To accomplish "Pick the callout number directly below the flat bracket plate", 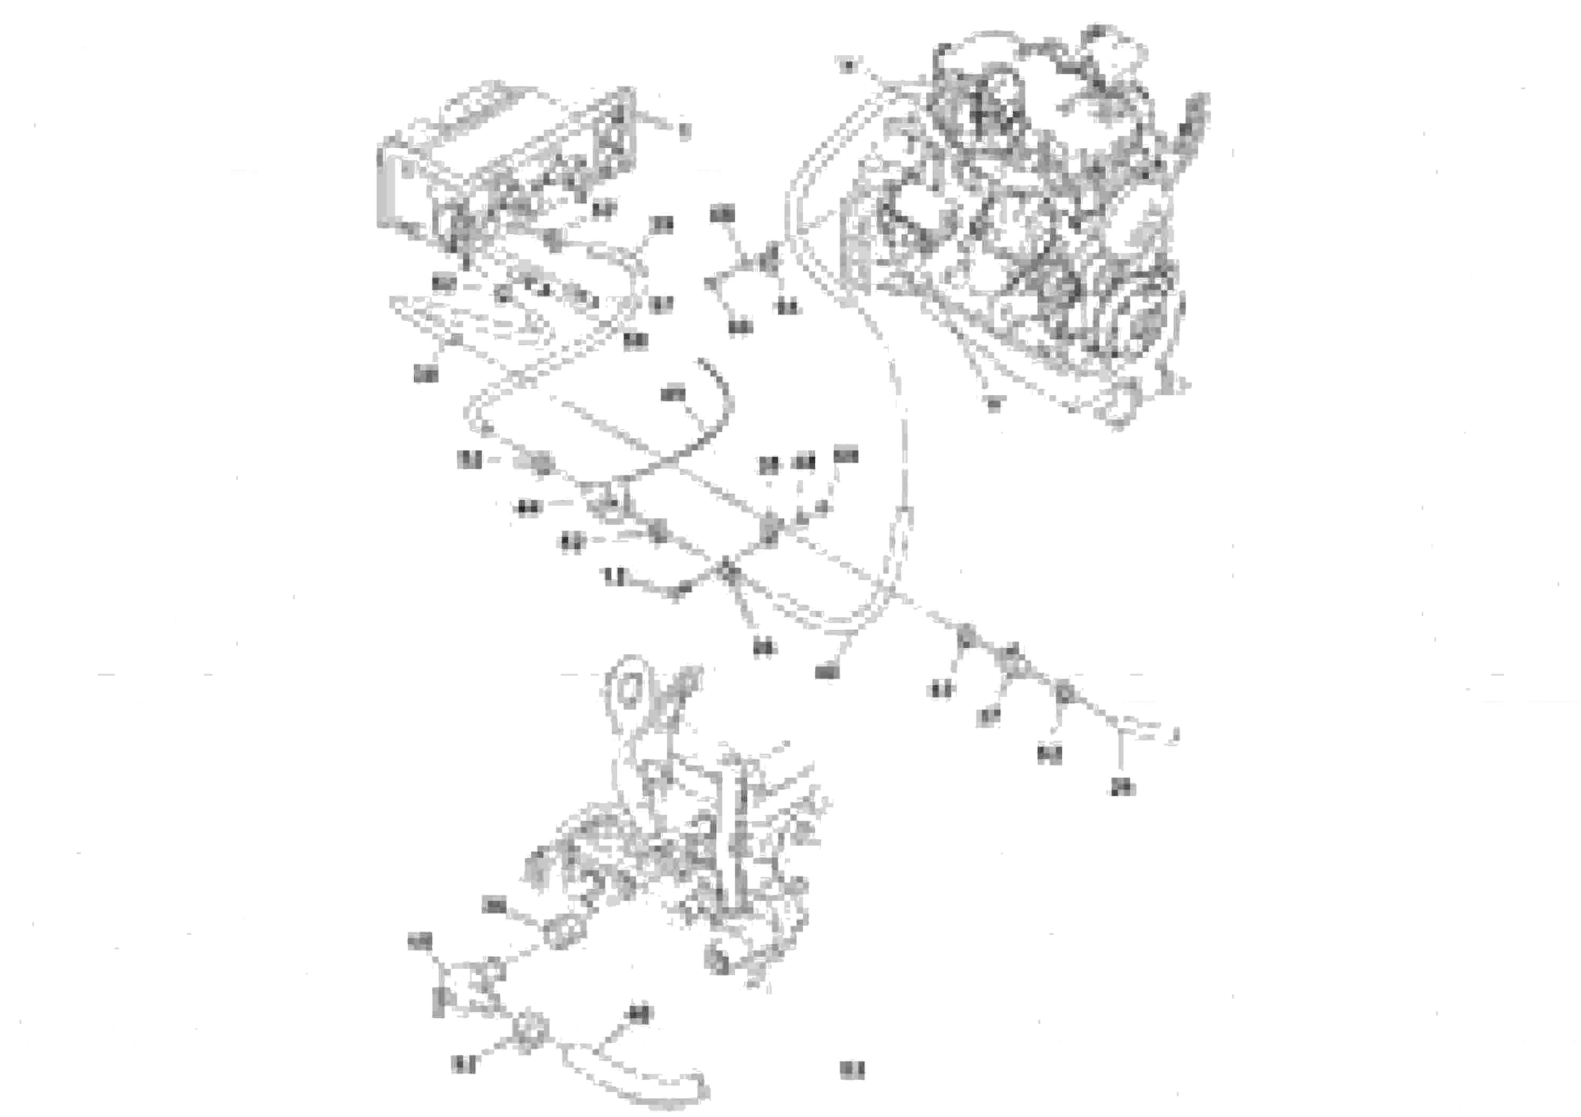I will pyautogui.click(x=425, y=374).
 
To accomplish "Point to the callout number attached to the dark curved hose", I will pyautogui.click(x=673, y=395).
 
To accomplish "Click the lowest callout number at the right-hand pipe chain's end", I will pyautogui.click(x=1122, y=787).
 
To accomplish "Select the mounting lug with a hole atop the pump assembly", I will pyautogui.click(x=627, y=689).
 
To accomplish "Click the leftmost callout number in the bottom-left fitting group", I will pyautogui.click(x=420, y=941).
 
